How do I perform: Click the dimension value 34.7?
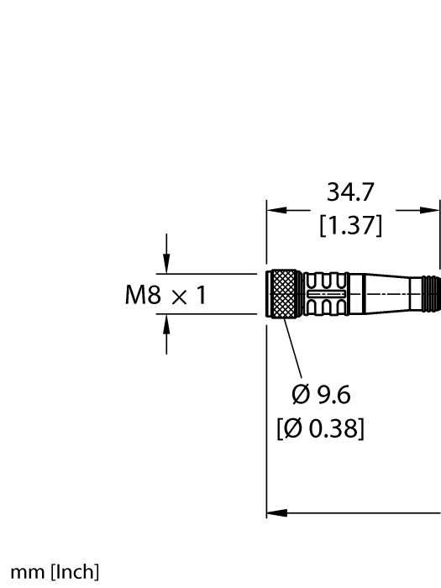point(353,195)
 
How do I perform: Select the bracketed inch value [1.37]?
point(353,225)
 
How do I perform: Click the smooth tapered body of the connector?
point(378,294)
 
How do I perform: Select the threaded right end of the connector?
point(431,294)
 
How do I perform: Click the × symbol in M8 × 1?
point(181,296)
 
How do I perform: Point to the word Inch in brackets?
point(75,573)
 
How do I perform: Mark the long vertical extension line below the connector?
point(267,420)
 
